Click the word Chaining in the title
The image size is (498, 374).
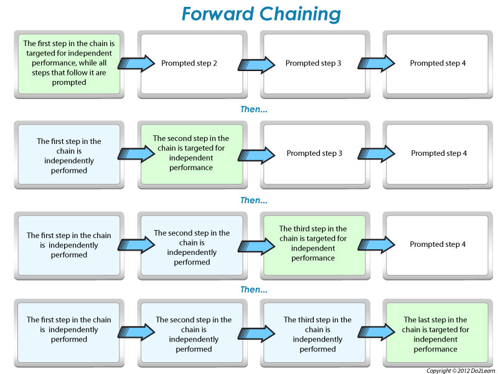300,14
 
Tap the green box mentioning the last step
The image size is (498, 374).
435,334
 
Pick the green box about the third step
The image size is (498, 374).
313,244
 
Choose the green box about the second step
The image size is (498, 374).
191,153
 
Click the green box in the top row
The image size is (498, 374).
69,64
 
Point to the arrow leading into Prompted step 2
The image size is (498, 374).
136,63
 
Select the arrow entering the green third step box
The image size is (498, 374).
258,243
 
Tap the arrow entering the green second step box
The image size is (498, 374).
136,153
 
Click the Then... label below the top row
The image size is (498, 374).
254,109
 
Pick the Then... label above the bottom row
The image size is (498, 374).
254,290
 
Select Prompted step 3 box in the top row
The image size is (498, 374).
313,64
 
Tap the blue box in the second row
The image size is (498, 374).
69,153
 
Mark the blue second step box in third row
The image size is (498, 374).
191,244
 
